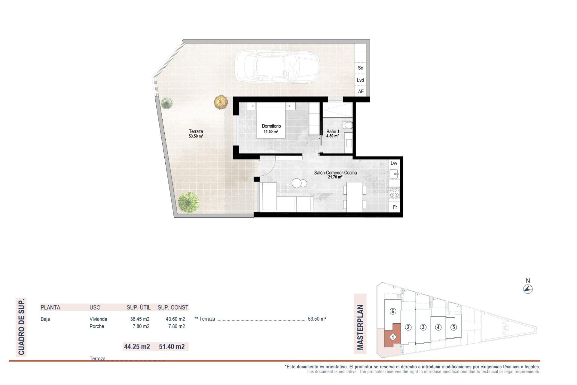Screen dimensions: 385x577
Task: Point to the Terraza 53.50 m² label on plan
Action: [x=196, y=133]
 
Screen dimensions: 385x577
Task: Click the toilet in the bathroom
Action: [x=348, y=125]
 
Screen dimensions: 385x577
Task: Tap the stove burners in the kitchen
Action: [x=394, y=193]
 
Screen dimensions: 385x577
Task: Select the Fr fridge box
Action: [x=395, y=207]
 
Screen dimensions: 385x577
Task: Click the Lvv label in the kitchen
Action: [x=394, y=163]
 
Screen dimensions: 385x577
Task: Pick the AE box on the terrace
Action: [x=361, y=91]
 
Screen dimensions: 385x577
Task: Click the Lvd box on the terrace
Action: [x=360, y=80]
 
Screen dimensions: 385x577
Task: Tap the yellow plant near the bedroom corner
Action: [x=221, y=102]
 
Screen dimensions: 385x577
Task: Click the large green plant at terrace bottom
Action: [x=188, y=202]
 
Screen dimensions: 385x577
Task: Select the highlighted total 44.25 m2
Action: [x=137, y=346]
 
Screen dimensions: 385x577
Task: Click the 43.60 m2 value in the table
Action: [x=175, y=319]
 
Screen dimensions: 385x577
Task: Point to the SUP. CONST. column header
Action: [x=173, y=307]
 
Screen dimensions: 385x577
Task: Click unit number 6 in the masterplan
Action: [x=392, y=311]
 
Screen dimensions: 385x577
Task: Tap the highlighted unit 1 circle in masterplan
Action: [x=392, y=337]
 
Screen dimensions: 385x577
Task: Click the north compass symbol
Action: [x=528, y=289]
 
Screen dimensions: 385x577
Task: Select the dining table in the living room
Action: [x=354, y=197]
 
